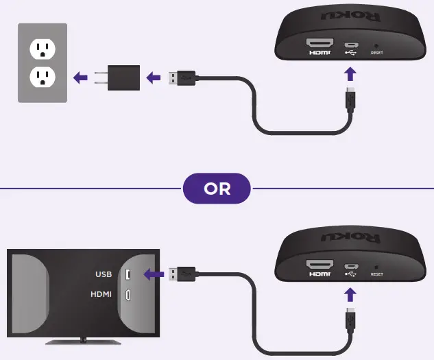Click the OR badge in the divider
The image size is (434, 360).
[217, 189]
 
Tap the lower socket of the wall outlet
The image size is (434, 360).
[42, 78]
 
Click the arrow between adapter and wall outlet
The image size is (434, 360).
[82, 77]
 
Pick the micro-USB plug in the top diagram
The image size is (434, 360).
[351, 99]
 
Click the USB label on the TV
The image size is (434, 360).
[104, 275]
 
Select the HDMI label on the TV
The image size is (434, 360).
[101, 295]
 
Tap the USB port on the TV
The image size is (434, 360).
[128, 275]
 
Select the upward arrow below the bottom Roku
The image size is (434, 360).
[351, 294]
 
